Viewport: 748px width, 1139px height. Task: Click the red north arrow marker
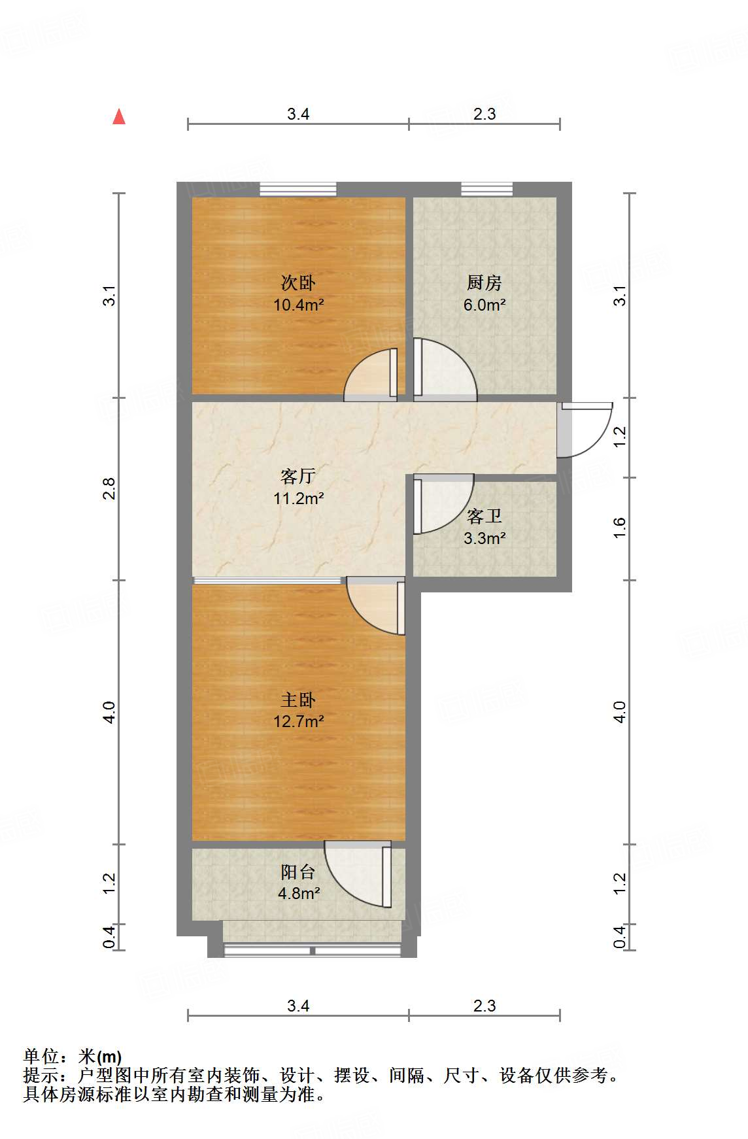(x=119, y=117)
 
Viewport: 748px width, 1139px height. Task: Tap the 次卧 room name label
(x=298, y=283)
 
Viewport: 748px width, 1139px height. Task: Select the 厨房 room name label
(x=484, y=283)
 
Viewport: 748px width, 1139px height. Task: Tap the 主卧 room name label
(x=298, y=700)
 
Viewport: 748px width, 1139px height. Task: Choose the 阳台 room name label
(x=298, y=872)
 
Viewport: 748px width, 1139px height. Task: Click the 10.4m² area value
(x=298, y=305)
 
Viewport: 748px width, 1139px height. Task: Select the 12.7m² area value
(x=298, y=722)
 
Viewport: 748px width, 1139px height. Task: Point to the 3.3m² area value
(x=484, y=539)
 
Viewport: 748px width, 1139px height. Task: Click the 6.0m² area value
(x=484, y=305)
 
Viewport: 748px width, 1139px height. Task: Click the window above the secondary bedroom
(x=298, y=189)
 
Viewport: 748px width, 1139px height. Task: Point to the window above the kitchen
(x=486, y=189)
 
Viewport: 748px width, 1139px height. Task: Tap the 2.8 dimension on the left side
(x=109, y=489)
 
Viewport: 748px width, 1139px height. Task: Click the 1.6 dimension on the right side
(x=620, y=528)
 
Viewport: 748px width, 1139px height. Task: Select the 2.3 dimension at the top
(x=484, y=114)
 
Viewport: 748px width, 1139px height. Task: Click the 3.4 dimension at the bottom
(x=298, y=1006)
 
